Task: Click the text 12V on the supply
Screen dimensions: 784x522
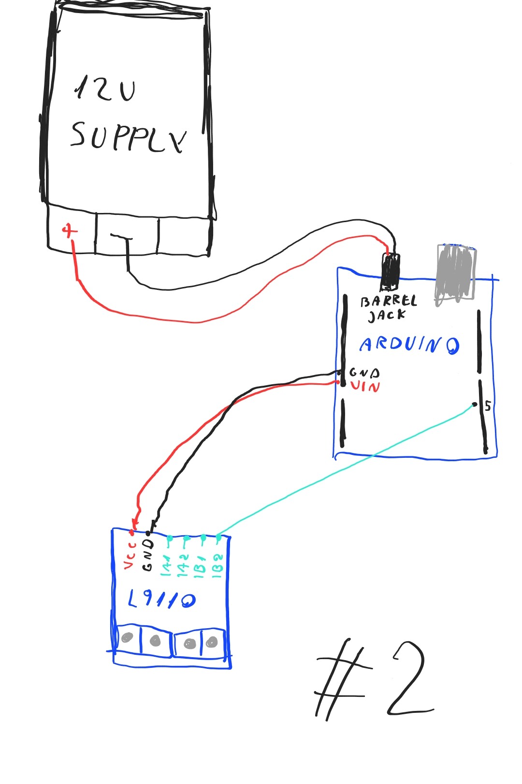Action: (105, 89)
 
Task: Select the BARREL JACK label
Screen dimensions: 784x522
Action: (388, 308)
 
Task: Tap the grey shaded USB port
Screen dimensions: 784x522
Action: (454, 274)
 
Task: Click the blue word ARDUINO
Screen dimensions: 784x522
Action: (409, 345)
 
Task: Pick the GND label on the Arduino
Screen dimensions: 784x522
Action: (364, 373)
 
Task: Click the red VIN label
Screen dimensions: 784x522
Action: (365, 386)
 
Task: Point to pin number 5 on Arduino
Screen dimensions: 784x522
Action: (487, 406)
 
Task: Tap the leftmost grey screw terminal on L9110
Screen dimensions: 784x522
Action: (127, 637)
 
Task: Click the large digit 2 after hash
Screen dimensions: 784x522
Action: (409, 680)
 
